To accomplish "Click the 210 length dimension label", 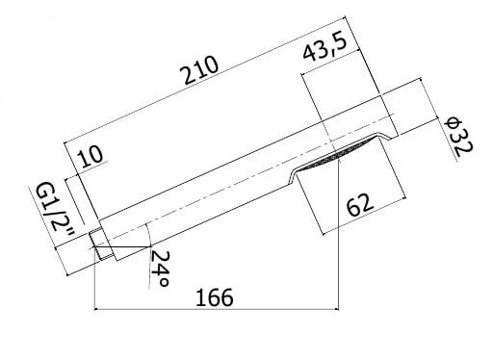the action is coord(201,70).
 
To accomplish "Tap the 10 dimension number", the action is coord(91,157).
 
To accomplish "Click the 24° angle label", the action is coord(159,269).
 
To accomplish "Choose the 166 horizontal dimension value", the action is coord(214,297).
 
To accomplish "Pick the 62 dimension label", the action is coord(360,204).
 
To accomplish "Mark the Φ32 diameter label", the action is coord(458,138).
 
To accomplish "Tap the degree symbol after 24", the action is coord(164,282).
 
